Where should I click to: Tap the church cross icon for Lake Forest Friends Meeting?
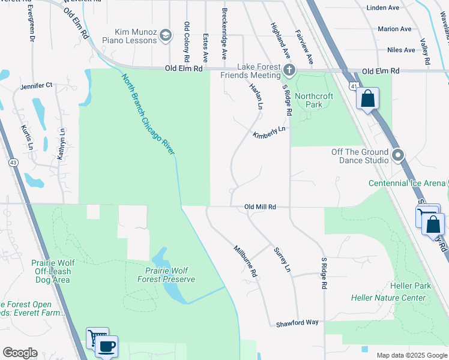click(x=289, y=70)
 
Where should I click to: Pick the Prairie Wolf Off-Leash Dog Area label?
click(x=52, y=268)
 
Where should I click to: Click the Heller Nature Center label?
click(x=388, y=298)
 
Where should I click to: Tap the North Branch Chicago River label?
click(x=148, y=115)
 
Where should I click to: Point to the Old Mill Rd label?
click(x=260, y=207)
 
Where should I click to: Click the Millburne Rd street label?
click(x=246, y=260)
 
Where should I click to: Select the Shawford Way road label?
click(x=297, y=323)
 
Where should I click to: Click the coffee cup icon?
click(x=107, y=346)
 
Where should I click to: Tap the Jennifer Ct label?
click(x=37, y=86)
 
